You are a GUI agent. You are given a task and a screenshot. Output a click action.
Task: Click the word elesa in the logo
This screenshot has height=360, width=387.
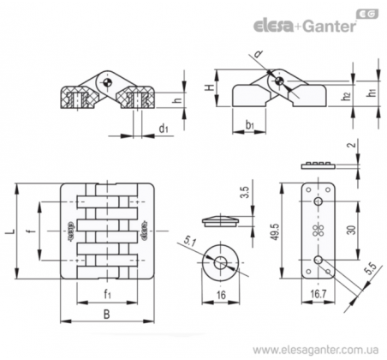pyautogui.click(x=273, y=26)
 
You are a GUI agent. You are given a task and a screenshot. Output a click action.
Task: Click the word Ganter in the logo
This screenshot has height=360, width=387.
pyautogui.click(x=330, y=26)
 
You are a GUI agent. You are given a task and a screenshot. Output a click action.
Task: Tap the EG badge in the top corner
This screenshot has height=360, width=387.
pyautogui.click(x=368, y=14)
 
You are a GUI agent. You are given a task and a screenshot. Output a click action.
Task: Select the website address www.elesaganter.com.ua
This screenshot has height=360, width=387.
pyautogui.click(x=316, y=350)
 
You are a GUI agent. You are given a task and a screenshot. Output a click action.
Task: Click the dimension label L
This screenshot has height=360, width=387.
pyautogui.click(x=10, y=231)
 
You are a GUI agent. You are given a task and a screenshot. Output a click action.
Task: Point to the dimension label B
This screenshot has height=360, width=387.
pyautogui.click(x=106, y=315)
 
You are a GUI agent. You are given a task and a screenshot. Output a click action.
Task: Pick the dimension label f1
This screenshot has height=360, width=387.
pyautogui.click(x=107, y=294)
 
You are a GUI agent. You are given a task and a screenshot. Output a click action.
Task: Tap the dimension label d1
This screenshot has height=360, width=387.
pyautogui.click(x=164, y=129)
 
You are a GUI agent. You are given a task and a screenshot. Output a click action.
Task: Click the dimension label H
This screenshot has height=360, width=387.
pyautogui.click(x=211, y=87)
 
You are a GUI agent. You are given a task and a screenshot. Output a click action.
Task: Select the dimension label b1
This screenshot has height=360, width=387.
pyautogui.click(x=250, y=125)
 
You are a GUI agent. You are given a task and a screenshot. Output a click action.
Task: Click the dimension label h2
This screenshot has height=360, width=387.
pyautogui.click(x=346, y=96)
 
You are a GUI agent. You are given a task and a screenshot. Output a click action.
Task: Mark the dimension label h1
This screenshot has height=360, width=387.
pyautogui.click(x=372, y=93)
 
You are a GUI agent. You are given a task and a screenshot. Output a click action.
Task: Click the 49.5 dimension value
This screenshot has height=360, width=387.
pyautogui.click(x=276, y=231)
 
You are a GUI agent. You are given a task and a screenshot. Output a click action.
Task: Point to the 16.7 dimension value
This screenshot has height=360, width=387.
pyautogui.click(x=319, y=294)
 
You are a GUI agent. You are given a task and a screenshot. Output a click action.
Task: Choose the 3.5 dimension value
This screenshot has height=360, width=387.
pyautogui.click(x=245, y=192)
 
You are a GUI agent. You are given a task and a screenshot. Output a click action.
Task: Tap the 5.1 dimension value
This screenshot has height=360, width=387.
pyautogui.click(x=189, y=243)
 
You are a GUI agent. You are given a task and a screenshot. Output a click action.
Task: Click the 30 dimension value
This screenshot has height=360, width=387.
pyautogui.click(x=352, y=231)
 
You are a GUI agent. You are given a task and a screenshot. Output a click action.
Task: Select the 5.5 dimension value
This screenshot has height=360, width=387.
pyautogui.click(x=372, y=268)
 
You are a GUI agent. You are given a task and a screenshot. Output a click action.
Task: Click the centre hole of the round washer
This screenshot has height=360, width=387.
pyautogui.click(x=220, y=262)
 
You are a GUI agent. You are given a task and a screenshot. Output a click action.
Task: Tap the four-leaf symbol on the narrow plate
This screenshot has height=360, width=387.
pyautogui.click(x=318, y=231)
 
